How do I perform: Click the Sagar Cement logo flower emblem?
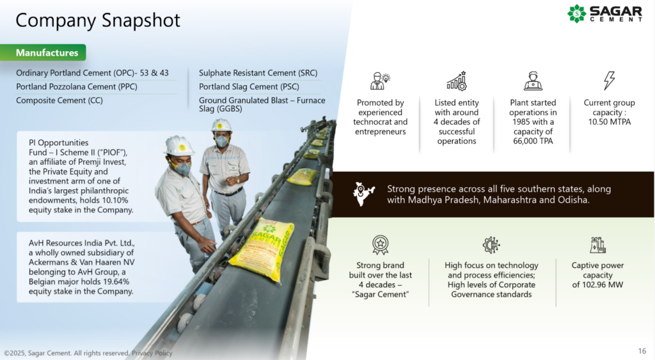577,13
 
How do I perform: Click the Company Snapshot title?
98,20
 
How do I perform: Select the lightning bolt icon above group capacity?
609,80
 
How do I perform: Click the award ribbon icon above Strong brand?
380,245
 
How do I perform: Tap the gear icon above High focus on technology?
491,245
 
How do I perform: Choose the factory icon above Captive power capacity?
598,245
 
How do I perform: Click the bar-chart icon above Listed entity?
457,81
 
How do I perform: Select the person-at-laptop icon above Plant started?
533,81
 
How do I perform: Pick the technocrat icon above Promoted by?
380,81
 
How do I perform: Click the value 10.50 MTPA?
610,122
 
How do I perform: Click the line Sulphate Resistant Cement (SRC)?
258,73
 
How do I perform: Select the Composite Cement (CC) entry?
59,100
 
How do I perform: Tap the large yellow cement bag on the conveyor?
262,249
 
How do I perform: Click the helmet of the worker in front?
179,146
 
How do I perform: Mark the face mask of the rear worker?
221,141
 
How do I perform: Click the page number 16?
642,351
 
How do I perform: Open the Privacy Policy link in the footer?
152,354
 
